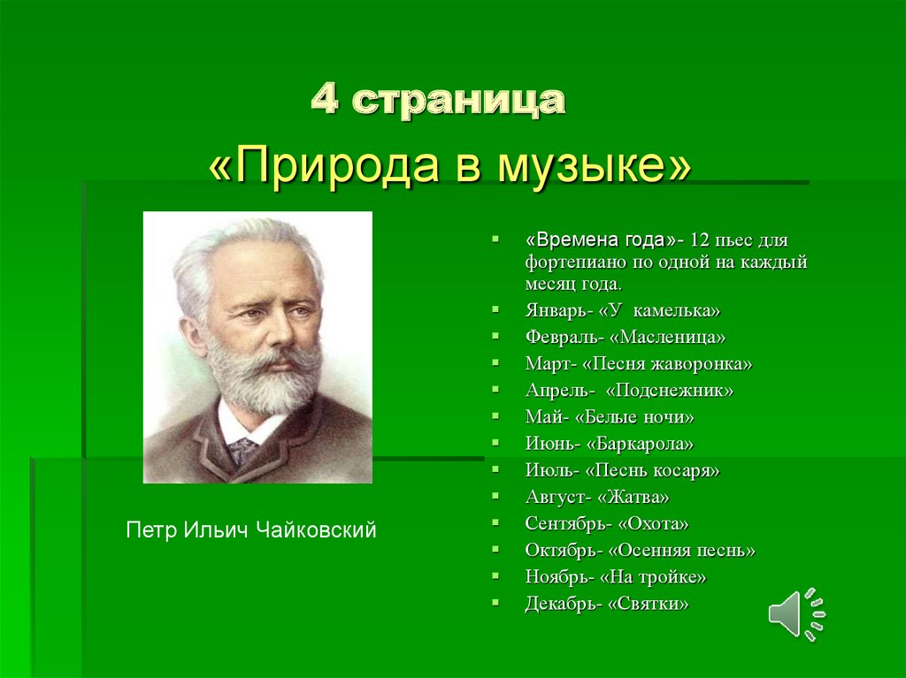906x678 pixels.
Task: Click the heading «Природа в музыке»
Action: click(449, 164)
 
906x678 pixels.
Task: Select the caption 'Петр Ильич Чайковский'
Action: click(251, 530)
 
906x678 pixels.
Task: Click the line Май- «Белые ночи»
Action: click(610, 417)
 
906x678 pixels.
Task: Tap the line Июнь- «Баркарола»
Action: click(610, 444)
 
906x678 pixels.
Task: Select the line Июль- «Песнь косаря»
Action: click(622, 470)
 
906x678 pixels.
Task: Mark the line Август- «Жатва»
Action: click(597, 497)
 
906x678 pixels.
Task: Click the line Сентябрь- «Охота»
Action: click(607, 524)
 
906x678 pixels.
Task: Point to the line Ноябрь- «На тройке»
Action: click(616, 577)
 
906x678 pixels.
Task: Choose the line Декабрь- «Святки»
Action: click(607, 604)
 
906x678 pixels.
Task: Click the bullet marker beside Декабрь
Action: click(495, 603)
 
